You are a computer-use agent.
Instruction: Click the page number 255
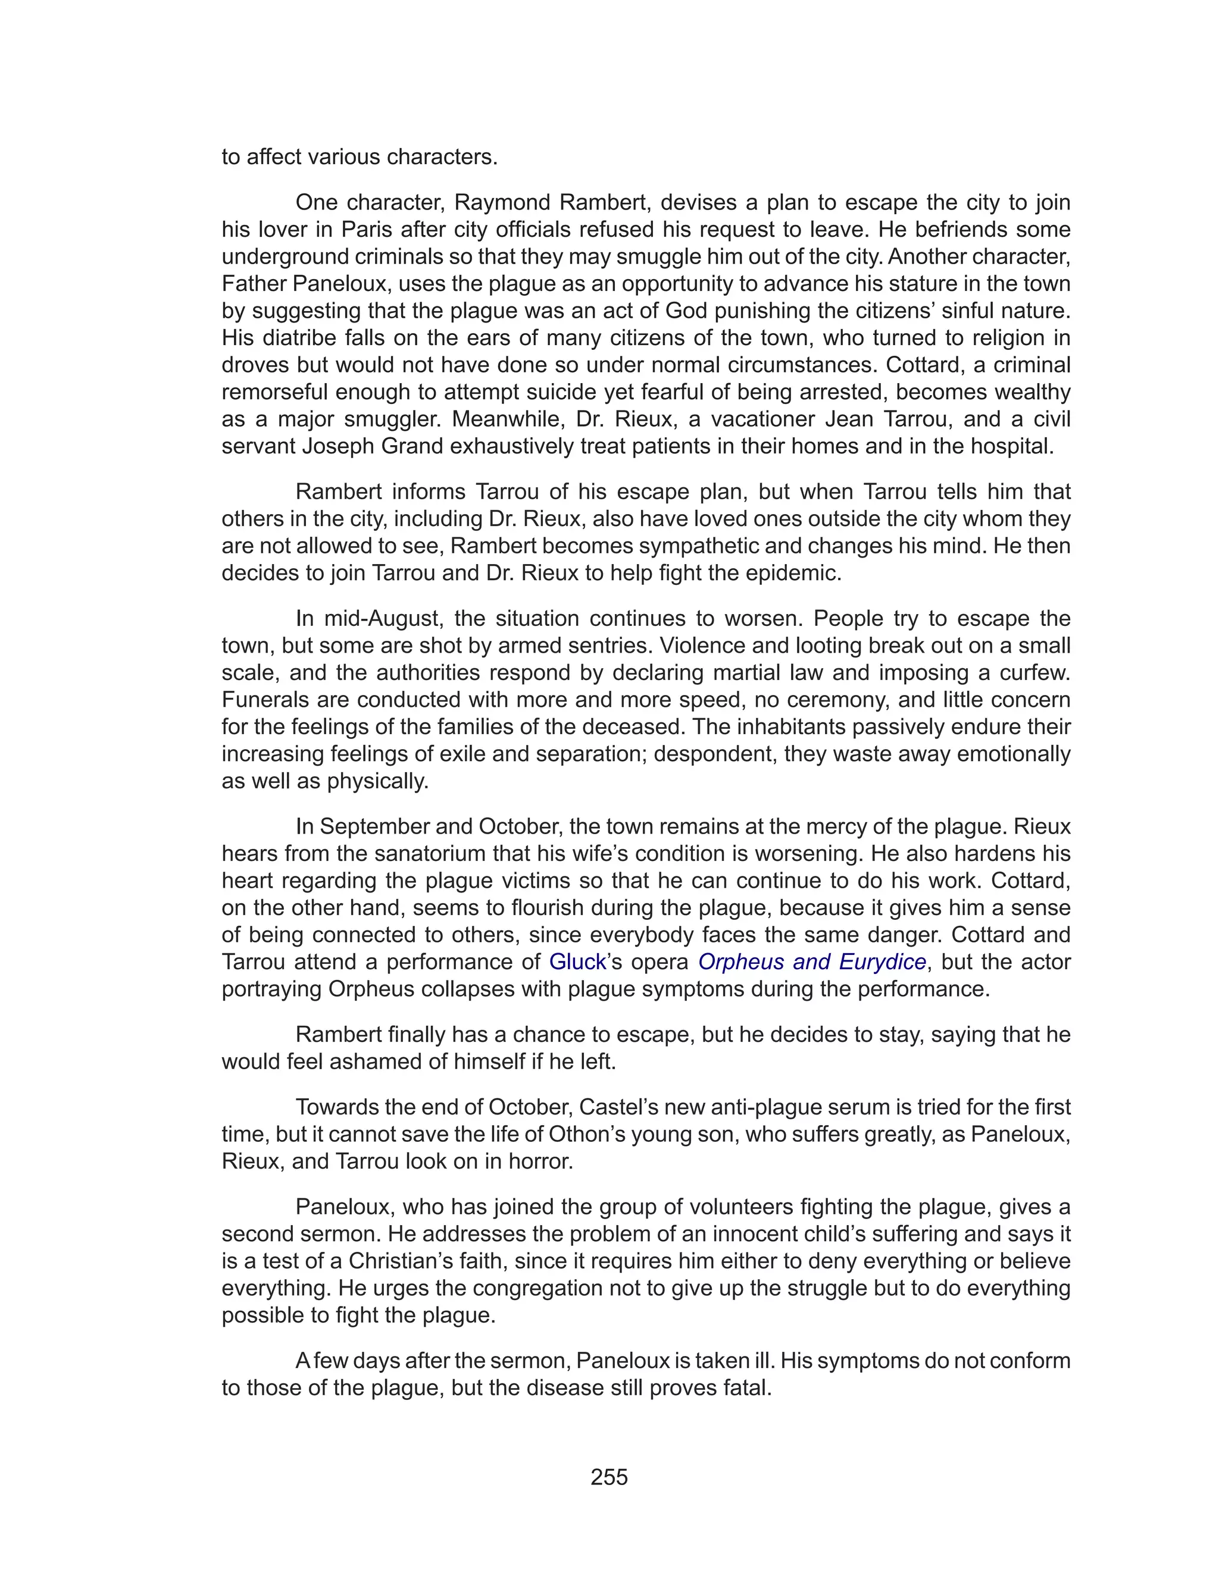tap(609, 1477)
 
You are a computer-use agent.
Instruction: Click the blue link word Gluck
tap(577, 962)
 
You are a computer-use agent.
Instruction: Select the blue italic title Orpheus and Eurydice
tap(811, 962)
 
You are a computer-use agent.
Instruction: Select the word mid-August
tap(384, 619)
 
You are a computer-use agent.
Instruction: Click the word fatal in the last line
tap(742, 1388)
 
